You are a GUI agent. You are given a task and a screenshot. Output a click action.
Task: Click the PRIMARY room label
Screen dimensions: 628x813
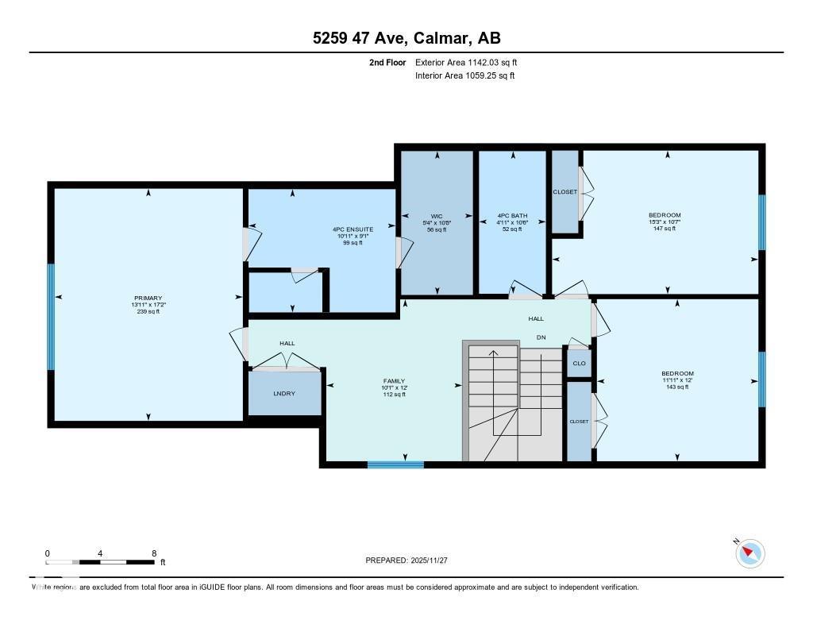click(x=148, y=298)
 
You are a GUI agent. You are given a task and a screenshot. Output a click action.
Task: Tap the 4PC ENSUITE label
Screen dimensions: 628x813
click(x=353, y=229)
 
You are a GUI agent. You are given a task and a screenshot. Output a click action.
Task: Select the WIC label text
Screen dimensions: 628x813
click(x=436, y=216)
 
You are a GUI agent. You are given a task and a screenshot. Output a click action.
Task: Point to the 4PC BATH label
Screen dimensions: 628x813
click(x=512, y=216)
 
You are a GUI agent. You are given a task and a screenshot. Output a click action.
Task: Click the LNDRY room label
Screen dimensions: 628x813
click(x=285, y=394)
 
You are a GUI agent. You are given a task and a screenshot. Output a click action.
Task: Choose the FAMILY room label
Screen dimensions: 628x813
click(x=394, y=381)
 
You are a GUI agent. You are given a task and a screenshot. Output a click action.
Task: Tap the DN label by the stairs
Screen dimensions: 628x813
click(x=541, y=337)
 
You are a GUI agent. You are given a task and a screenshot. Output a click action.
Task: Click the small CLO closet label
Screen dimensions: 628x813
click(x=579, y=364)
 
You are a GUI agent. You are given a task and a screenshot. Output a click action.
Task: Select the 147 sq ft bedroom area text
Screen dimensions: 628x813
click(x=664, y=229)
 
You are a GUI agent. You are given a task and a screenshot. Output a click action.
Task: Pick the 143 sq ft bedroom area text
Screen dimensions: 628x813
click(x=677, y=387)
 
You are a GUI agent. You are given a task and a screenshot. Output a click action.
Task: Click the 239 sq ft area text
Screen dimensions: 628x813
click(x=148, y=311)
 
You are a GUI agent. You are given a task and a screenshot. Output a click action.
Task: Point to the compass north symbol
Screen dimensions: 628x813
click(x=749, y=553)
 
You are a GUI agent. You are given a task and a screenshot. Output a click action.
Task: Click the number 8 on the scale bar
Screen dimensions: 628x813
click(x=153, y=553)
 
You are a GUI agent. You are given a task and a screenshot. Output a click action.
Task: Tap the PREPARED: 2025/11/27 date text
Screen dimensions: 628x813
click(x=406, y=561)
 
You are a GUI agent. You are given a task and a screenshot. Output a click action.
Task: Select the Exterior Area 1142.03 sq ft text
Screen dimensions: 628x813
click(x=466, y=62)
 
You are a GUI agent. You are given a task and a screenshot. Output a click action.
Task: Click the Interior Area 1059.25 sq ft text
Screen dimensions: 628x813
click(x=464, y=75)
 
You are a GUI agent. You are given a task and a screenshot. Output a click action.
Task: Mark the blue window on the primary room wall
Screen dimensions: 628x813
click(x=51, y=317)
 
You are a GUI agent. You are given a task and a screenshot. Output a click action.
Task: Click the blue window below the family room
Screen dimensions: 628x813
click(x=395, y=464)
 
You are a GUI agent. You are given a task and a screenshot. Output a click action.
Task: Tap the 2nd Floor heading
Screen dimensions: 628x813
click(x=387, y=62)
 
